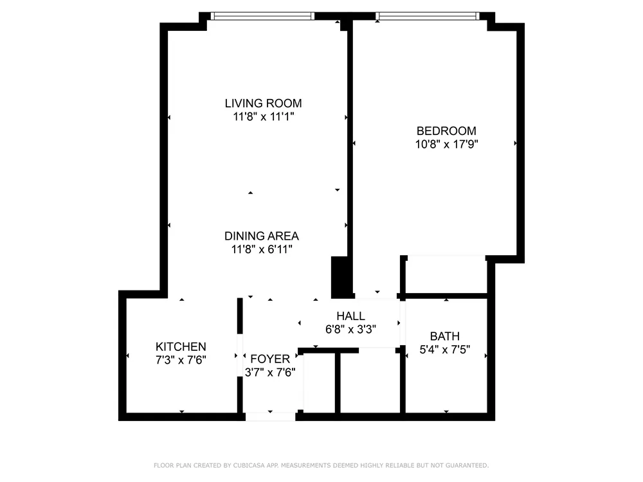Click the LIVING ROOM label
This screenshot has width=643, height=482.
(263, 103)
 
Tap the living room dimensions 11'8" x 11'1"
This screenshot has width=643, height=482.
(263, 117)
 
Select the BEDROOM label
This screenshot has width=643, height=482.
(446, 130)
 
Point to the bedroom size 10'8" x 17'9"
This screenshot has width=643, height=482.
(446, 145)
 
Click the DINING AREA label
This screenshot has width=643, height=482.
(261, 236)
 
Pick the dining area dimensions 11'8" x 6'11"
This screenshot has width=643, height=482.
(261, 250)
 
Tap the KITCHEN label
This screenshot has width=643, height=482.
(181, 346)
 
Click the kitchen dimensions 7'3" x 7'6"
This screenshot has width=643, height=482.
(181, 360)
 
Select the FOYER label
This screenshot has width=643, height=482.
(270, 359)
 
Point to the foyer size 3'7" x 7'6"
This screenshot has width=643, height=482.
(270, 373)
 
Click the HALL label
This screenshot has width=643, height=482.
(350, 316)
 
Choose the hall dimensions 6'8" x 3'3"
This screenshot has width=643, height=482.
(350, 329)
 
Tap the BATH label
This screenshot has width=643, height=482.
(445, 336)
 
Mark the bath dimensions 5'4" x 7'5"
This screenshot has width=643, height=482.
(445, 350)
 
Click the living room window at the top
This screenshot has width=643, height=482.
(263, 16)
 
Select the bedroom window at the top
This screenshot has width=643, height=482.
(428, 16)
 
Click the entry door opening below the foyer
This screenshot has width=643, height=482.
(271, 416)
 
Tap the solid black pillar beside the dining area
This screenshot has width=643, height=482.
(339, 276)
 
